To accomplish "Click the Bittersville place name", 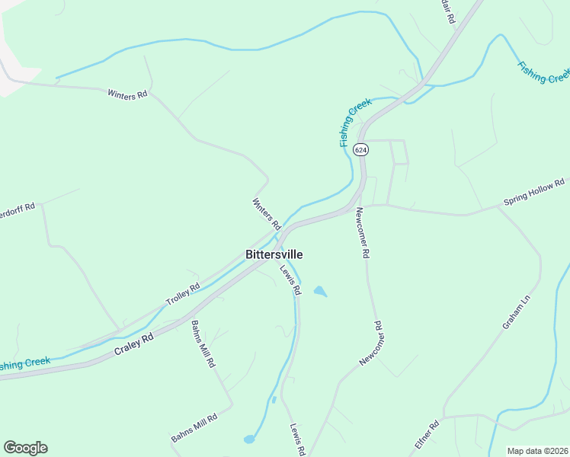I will [274, 254].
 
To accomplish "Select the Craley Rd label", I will [134, 344].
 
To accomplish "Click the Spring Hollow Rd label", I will [533, 193].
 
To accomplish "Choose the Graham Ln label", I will [514, 314].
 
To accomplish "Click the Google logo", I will [25, 448].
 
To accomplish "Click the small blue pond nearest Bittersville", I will [320, 291].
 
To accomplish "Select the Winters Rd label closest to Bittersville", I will [267, 214].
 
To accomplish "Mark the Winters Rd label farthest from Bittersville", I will [127, 95].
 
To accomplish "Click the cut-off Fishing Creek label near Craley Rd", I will [25, 364].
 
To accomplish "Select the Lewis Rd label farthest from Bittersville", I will [297, 439].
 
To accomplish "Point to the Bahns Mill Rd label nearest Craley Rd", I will [203, 344].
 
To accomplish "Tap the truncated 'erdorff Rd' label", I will [18, 207].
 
